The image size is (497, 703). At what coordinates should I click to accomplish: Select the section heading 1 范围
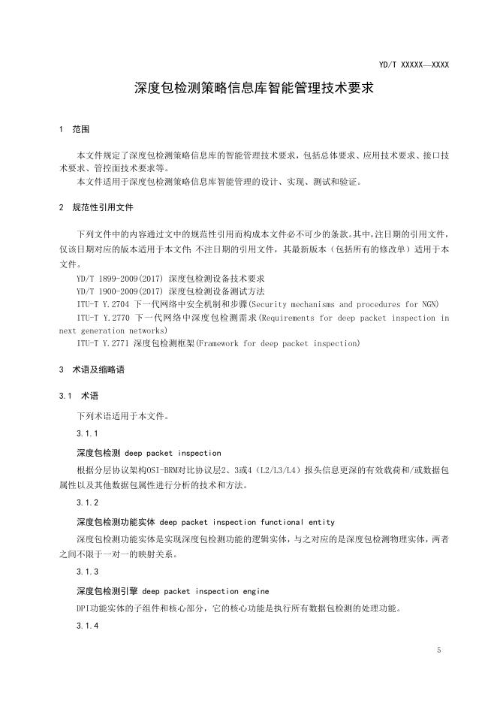pos(74,130)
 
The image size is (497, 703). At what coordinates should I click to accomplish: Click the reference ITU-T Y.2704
pos(102,303)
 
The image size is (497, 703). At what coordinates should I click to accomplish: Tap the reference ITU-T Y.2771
pos(102,342)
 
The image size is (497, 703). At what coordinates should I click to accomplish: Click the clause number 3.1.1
pos(88,434)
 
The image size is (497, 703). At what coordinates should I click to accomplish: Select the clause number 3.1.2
pos(88,502)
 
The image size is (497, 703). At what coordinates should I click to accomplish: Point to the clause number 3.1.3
pos(88,572)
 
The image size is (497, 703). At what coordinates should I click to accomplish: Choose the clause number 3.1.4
pos(88,627)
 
